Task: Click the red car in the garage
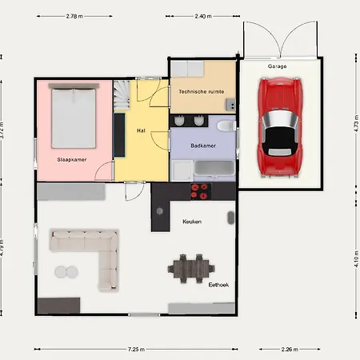click(280, 127)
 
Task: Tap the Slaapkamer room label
click(72, 159)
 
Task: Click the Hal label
click(141, 130)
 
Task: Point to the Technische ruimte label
click(202, 91)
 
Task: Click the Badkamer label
click(203, 146)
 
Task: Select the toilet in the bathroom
click(226, 126)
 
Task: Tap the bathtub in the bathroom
click(214, 169)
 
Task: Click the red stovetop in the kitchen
click(199, 191)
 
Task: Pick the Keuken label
click(192, 222)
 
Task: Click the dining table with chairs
click(191, 269)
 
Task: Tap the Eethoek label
click(218, 285)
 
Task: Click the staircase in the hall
click(122, 95)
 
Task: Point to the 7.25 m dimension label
click(136, 349)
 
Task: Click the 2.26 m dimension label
click(290, 349)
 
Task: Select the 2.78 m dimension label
click(74, 16)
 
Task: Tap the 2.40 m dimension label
click(203, 16)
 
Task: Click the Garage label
click(278, 66)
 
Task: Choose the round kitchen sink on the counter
click(160, 211)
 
